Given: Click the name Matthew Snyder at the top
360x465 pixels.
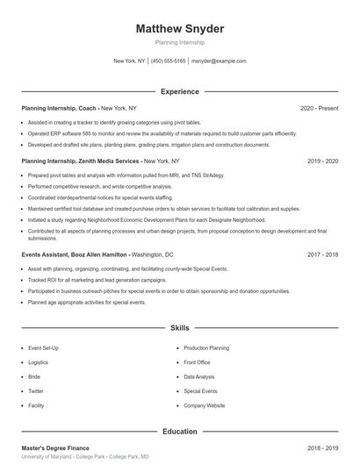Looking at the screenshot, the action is (179, 29).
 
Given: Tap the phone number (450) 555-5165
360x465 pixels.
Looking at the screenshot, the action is (169, 61).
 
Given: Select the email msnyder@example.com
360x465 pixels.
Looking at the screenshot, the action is (219, 61).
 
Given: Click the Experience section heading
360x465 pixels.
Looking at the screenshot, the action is (179, 91).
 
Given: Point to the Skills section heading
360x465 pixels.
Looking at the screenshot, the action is (179, 327).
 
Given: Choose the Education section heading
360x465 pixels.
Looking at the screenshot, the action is (179, 432).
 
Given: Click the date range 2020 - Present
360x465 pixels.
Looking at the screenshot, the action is (319, 108).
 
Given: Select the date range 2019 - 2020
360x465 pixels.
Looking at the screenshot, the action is (322, 161).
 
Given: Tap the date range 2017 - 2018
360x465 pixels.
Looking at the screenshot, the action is (322, 254).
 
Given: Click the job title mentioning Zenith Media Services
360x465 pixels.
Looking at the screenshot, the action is (81, 161).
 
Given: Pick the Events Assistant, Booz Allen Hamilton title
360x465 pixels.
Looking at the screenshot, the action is (75, 254).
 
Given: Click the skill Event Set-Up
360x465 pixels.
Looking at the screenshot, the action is (43, 348).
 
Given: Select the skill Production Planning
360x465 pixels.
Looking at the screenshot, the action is (206, 348).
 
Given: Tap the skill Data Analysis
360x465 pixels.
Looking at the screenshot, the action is (199, 376).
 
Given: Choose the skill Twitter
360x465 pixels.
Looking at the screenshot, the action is (36, 391).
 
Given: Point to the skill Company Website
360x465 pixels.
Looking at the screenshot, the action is (205, 405).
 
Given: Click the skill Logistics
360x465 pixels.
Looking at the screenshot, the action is (38, 362).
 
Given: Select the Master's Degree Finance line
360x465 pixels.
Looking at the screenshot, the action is (57, 447).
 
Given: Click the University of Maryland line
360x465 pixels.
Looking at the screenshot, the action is (84, 457).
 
